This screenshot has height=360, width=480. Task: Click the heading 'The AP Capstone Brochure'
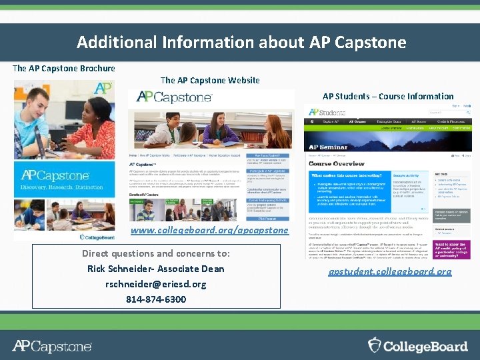[x=64, y=68]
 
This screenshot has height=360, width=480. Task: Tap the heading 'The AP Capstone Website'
[x=210, y=81]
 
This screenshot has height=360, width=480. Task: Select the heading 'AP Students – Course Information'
[x=388, y=96]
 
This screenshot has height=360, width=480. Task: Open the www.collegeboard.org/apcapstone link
[x=210, y=230]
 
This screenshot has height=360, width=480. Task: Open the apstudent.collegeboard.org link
[x=390, y=272]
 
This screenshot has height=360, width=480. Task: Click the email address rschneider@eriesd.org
[x=156, y=284]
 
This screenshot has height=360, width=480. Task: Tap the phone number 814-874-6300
[x=156, y=299]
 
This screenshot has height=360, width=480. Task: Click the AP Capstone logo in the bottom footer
[x=52, y=346]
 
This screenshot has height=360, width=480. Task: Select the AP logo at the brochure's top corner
[x=103, y=88]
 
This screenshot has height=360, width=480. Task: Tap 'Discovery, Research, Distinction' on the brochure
[x=63, y=187]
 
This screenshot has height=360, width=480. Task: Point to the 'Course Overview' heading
[x=337, y=163]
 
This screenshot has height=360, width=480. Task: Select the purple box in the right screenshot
[x=453, y=249]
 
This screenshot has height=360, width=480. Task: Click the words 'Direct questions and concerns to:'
[x=156, y=253]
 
